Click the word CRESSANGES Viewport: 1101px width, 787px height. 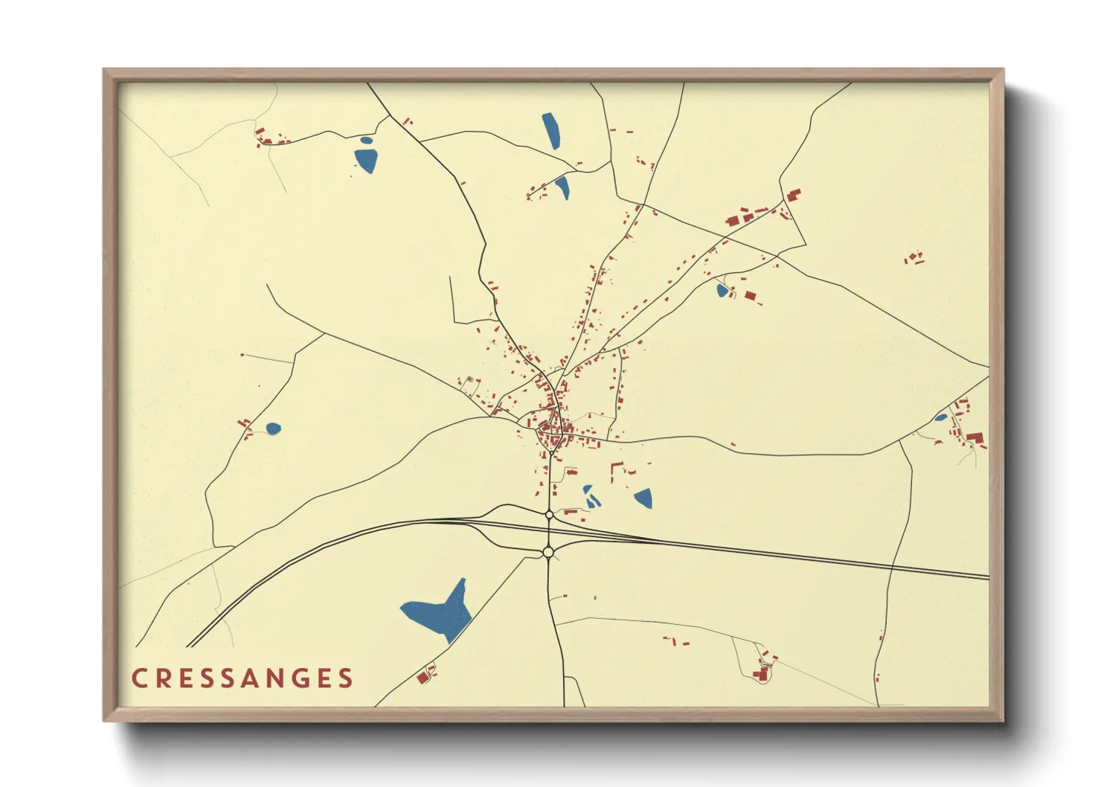[243, 678]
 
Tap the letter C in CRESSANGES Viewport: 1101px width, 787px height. [138, 678]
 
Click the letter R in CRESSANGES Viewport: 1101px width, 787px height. [161, 678]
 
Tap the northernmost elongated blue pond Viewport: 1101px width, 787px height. [550, 130]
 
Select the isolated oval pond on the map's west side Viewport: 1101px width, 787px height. [274, 428]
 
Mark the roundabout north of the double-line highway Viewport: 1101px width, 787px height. [549, 515]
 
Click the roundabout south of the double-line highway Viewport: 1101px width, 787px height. [548, 552]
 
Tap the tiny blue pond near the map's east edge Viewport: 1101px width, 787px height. [941, 417]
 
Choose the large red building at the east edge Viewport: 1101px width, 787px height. [975, 437]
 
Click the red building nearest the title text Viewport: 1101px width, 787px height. [423, 678]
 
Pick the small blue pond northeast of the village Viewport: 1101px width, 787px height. [722, 290]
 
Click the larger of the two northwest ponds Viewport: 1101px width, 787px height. [366, 160]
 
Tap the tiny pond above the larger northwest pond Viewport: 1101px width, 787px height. [366, 140]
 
